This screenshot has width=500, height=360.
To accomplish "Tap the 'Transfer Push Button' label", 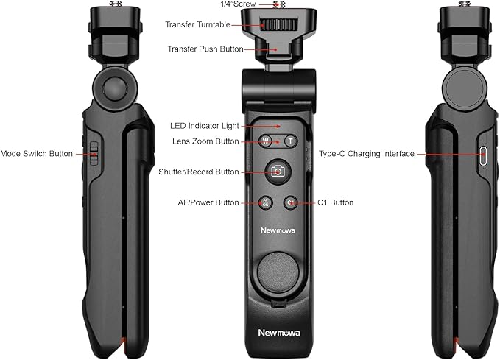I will [205, 49].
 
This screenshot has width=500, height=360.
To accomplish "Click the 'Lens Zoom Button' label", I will [205, 141].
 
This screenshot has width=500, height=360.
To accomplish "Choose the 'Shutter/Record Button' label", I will [199, 172].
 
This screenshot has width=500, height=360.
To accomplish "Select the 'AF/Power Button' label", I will [208, 202].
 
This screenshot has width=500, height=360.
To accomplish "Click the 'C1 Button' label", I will [335, 202].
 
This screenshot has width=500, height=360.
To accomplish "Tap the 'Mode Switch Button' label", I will [36, 154].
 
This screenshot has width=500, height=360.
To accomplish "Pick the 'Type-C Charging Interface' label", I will [367, 154].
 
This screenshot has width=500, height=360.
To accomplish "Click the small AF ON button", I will [266, 202].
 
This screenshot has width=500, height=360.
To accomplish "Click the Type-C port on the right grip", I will [484, 155].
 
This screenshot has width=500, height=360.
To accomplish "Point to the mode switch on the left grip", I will [93, 153].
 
